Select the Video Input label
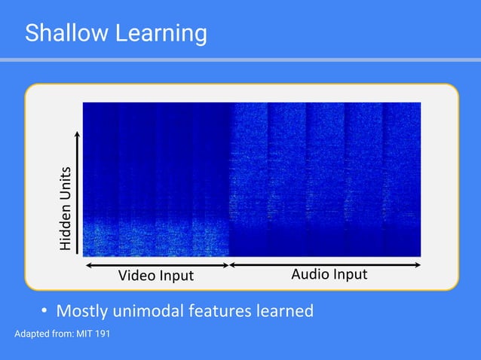click(x=155, y=276)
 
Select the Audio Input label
click(x=329, y=274)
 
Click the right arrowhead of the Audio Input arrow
click(x=417, y=264)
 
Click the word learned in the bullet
click(x=286, y=310)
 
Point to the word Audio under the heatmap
click(x=309, y=274)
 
